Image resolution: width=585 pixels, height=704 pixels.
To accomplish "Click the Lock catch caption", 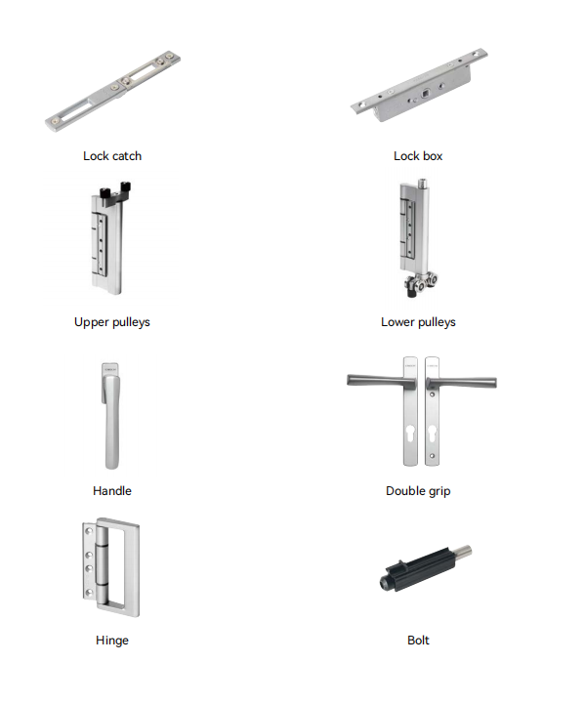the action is coord(112,156).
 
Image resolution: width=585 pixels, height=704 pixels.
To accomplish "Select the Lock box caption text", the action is coord(418,156).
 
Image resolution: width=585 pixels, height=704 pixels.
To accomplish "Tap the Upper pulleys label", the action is coord(112,322).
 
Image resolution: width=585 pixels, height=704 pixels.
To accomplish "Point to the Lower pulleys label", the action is coord(418,322).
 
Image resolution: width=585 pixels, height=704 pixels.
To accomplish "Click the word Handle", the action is coord(112,491).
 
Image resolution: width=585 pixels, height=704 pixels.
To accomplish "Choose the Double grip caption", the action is coord(418,491).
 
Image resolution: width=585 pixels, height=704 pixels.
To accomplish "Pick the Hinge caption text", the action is coord(112,641).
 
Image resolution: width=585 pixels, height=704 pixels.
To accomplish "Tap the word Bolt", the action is coord(418,641).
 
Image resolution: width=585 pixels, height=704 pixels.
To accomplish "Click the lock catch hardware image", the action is coord(112,92).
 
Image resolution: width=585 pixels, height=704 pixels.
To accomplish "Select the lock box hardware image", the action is coord(419,85).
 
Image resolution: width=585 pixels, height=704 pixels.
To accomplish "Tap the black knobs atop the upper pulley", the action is coord(114,191).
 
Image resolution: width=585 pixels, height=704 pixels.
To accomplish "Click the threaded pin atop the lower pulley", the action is coord(422,184).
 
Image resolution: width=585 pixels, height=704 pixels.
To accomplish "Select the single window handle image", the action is coord(110,416).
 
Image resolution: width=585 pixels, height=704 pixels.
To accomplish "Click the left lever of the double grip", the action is coord(382,381).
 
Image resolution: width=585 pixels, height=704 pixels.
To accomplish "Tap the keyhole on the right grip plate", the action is coord(433,435).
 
